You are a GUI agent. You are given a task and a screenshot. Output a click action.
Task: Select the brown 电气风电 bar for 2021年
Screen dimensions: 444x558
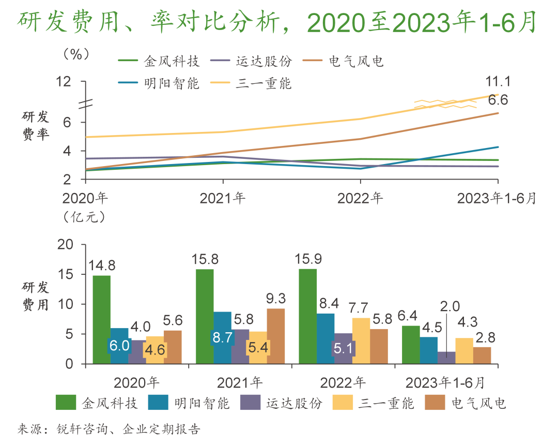pyautogui.click(x=275, y=336)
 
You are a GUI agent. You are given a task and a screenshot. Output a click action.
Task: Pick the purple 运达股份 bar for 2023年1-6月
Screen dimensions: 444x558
pyautogui.click(x=446, y=358)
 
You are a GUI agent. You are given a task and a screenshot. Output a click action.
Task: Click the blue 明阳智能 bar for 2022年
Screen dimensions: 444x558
pyautogui.click(x=326, y=338)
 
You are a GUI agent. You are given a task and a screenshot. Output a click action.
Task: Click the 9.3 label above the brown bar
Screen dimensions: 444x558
pyautogui.click(x=275, y=298)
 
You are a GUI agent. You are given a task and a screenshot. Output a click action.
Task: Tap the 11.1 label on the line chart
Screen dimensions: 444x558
pyautogui.click(x=498, y=82)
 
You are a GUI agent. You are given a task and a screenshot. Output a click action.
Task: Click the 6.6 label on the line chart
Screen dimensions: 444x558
pyautogui.click(x=498, y=100)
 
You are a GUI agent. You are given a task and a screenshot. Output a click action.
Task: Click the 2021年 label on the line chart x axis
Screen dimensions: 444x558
pyautogui.click(x=223, y=198)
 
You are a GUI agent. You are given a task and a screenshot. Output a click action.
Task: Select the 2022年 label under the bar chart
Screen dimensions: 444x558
pyautogui.click(x=343, y=382)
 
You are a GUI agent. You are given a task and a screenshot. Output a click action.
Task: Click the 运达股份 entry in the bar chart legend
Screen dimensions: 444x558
pyautogui.click(x=294, y=403)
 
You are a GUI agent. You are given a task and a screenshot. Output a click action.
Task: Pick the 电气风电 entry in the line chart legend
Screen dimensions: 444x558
pyautogui.click(x=357, y=62)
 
